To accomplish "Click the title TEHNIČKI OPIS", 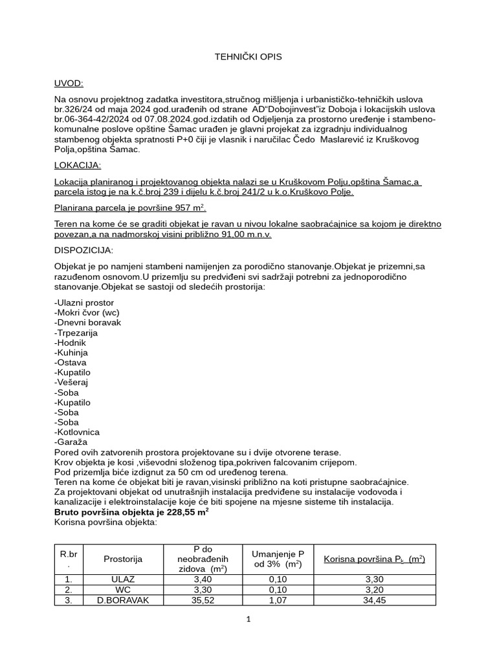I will pyautogui.click(x=248, y=57).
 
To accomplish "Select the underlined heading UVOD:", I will pyautogui.click(x=69, y=84).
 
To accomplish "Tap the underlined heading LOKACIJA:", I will pyautogui.click(x=78, y=166).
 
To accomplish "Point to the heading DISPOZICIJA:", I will pyautogui.click(x=83, y=250).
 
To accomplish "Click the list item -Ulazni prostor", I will pyautogui.click(x=84, y=302).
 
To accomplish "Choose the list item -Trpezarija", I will pyautogui.click(x=76, y=332).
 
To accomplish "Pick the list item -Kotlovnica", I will pyautogui.click(x=77, y=432).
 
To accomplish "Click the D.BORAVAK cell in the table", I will pyautogui.click(x=123, y=600).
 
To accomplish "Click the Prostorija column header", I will pyautogui.click(x=123, y=559).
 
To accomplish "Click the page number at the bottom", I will pyautogui.click(x=248, y=619).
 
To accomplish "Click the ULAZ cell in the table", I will pyautogui.click(x=123, y=579).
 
